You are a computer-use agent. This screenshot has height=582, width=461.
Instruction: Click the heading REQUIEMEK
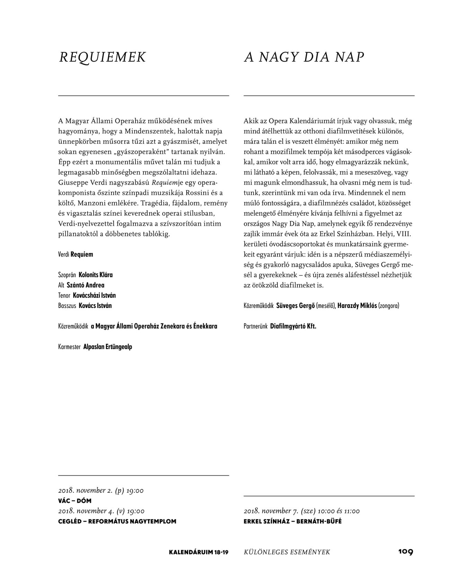click(x=103, y=57)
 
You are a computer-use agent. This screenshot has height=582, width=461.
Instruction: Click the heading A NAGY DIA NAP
click(x=304, y=57)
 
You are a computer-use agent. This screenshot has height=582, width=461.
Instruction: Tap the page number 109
click(x=406, y=551)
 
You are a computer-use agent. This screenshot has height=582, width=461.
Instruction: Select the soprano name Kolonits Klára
click(x=96, y=275)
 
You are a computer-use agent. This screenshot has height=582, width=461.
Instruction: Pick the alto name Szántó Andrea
click(x=85, y=285)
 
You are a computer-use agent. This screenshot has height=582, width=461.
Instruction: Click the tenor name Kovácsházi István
click(x=94, y=295)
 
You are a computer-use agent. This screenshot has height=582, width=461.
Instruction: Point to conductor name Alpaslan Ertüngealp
click(x=108, y=346)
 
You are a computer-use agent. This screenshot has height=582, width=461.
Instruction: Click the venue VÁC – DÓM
click(x=75, y=501)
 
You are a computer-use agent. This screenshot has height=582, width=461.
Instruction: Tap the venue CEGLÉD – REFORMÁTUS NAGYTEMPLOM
click(x=117, y=521)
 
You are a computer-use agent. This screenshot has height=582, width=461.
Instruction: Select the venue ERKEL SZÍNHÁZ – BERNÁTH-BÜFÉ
click(x=292, y=521)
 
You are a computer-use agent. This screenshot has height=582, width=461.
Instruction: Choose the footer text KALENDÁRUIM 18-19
click(x=198, y=552)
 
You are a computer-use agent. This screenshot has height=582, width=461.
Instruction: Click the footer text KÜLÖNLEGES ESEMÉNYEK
click(x=287, y=552)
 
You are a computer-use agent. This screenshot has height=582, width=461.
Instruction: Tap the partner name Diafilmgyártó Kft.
click(x=293, y=326)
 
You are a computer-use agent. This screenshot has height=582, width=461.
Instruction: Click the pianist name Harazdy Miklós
click(x=357, y=306)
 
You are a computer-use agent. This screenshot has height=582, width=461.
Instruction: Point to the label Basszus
click(x=67, y=306)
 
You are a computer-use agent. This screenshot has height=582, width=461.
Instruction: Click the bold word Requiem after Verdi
click(x=82, y=254)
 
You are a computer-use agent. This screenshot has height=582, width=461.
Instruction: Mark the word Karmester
click(x=69, y=346)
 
